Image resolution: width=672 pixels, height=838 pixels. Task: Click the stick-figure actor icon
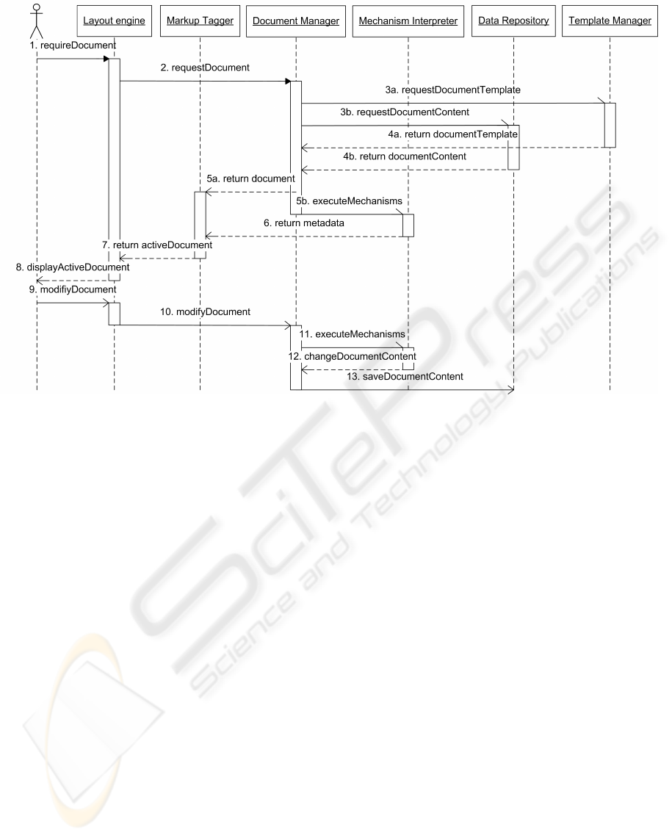point(36,21)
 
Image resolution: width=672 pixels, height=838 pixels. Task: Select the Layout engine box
point(114,21)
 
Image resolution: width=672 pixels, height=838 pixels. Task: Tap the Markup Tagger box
point(200,21)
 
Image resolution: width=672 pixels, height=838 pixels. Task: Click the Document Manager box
point(296,21)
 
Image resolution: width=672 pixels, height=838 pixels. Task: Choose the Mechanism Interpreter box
point(408,21)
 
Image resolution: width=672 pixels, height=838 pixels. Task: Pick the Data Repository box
point(513,21)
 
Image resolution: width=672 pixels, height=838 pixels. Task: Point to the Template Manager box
point(610,21)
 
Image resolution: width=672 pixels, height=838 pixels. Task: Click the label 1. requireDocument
point(73,46)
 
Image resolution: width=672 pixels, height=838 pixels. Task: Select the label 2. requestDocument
point(206,68)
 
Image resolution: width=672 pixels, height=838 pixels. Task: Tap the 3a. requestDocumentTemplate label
point(453,90)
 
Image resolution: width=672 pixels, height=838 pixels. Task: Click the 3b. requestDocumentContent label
point(405,112)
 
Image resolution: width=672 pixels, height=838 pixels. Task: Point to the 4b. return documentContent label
point(405,156)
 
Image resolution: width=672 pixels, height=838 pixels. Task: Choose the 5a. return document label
point(250,179)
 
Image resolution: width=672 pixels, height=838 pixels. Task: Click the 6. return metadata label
point(303,223)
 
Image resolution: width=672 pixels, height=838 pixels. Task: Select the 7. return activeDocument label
point(157,245)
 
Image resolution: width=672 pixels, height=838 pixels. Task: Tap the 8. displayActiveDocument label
point(73,267)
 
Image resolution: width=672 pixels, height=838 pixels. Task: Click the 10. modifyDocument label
point(206,312)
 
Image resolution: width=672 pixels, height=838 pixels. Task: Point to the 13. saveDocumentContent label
point(405,377)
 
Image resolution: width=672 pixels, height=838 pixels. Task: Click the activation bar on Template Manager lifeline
point(610,125)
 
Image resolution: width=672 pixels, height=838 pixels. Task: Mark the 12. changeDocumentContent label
point(352,356)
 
